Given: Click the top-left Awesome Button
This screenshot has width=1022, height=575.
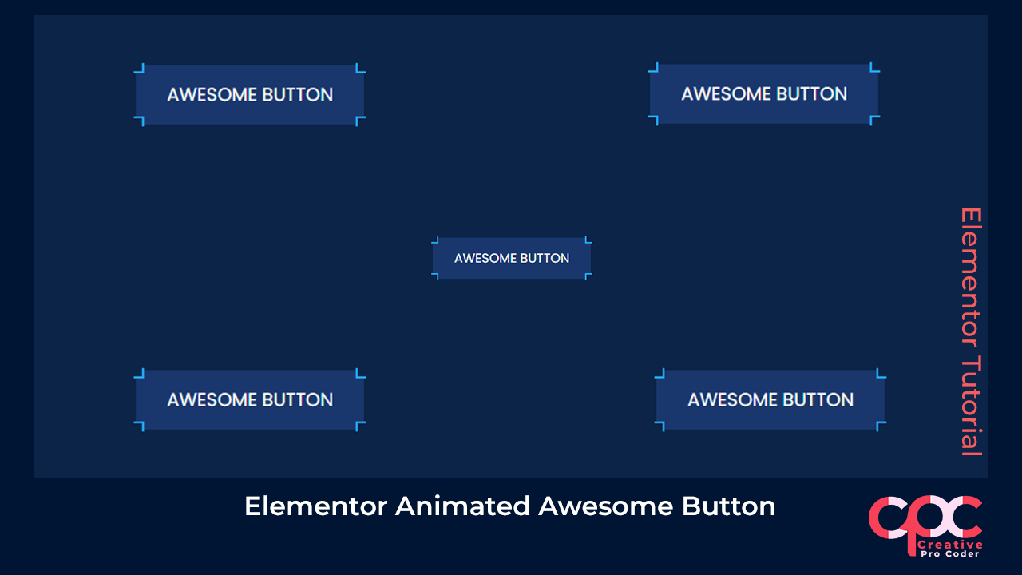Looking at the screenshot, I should point(249,94).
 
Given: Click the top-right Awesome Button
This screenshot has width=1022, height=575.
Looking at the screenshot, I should point(764,93).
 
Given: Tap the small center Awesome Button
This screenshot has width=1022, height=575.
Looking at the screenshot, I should point(512,258).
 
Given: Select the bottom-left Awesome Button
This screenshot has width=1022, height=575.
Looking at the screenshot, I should point(249,399).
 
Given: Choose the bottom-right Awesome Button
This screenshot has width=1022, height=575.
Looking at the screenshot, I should point(770,399).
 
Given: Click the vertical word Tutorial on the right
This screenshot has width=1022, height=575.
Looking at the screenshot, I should point(970,406).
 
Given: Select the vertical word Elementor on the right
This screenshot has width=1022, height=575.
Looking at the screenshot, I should point(970,276).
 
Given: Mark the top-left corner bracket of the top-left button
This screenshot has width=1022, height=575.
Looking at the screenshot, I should point(139,68).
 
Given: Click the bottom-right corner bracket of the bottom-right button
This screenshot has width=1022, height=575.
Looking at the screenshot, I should point(881,426).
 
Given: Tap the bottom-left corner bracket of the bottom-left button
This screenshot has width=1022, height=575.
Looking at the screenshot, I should point(139,427).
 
